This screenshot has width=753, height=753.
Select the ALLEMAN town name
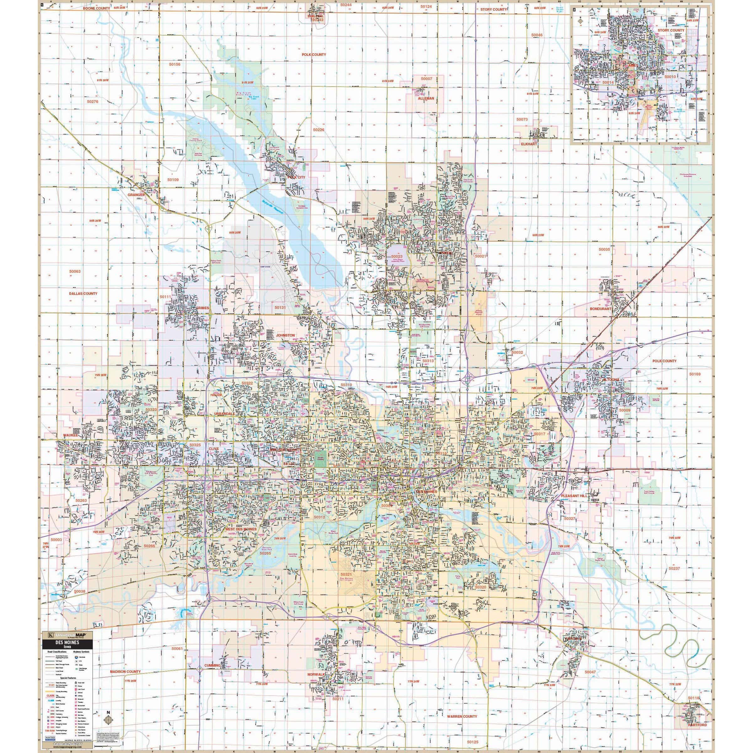click(426, 99)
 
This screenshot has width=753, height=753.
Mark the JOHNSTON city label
click(285, 335)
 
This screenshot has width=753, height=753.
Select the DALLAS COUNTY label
click(83, 293)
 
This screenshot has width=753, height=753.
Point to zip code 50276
click(93, 101)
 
